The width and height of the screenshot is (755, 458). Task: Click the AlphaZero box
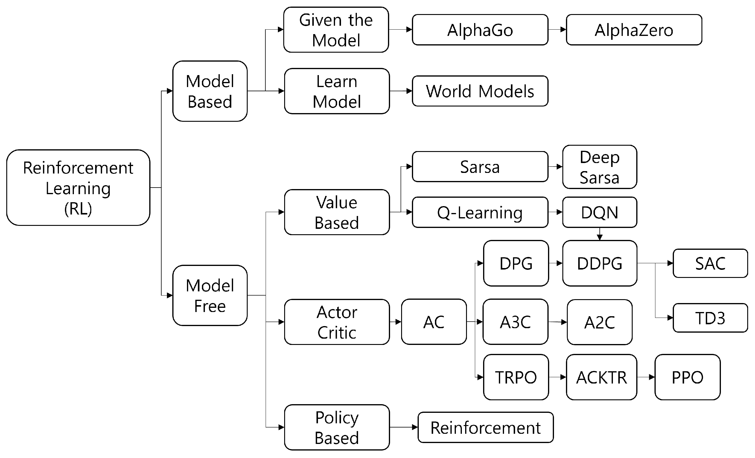[x=634, y=30]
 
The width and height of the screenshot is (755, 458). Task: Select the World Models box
[x=480, y=91]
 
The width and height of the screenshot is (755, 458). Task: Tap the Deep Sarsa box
[x=599, y=167]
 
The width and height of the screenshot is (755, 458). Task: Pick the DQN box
[x=599, y=212]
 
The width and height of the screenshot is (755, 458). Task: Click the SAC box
[x=710, y=264]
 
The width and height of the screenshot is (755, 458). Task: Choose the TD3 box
[x=710, y=318]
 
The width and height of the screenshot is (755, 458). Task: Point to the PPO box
[x=687, y=377]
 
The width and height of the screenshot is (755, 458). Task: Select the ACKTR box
[x=601, y=377]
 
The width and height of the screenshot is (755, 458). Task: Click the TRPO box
[x=516, y=377]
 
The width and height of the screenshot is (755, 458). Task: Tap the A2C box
[x=599, y=322]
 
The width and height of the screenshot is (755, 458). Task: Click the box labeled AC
[x=433, y=322]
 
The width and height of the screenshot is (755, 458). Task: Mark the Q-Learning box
[x=480, y=212]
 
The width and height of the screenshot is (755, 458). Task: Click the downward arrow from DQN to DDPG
[x=600, y=234]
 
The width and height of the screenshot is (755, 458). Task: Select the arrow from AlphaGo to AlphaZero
[x=557, y=30]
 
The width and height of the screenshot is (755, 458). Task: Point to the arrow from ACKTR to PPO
[x=646, y=377]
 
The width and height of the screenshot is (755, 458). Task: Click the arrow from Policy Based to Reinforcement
[x=404, y=427]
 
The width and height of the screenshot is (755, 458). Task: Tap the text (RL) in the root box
[x=78, y=209]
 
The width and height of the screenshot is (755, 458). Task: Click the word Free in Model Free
[x=210, y=306]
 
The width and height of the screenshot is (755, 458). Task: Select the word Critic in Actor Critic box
[x=337, y=333]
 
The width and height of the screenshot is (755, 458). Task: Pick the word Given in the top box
[x=320, y=20]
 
